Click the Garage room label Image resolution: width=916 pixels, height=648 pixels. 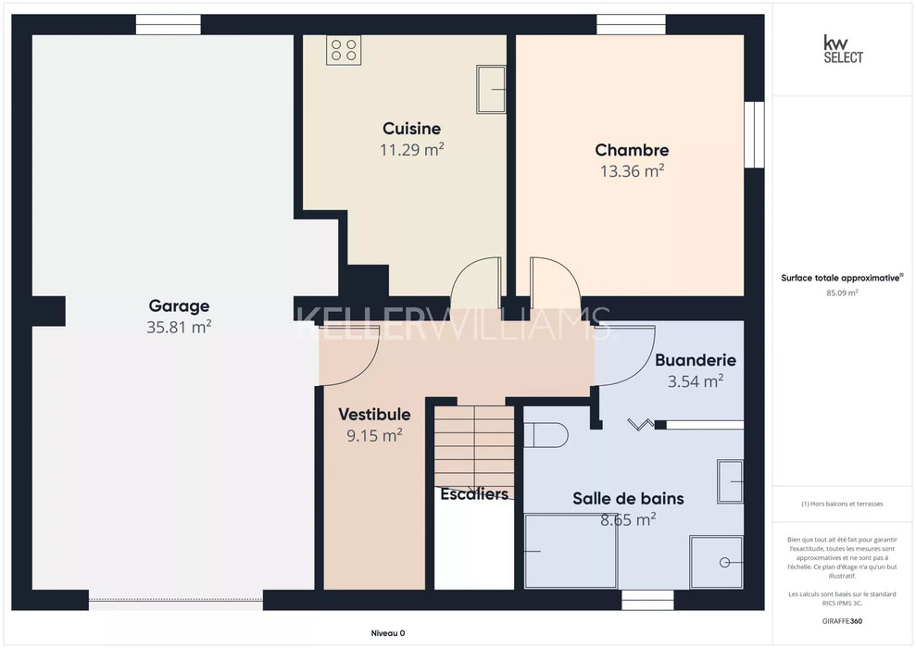pyautogui.click(x=179, y=305)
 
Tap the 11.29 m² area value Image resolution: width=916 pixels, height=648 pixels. pyautogui.click(x=412, y=149)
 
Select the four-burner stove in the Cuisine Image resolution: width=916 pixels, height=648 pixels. pyautogui.click(x=344, y=50)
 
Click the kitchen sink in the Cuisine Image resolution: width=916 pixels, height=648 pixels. pyautogui.click(x=491, y=89)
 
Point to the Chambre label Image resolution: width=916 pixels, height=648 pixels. pyautogui.click(x=632, y=150)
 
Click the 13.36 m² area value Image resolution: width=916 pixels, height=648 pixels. pyautogui.click(x=632, y=171)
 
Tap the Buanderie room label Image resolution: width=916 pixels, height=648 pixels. pyautogui.click(x=696, y=360)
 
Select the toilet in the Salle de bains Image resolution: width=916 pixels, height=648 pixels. pyautogui.click(x=546, y=435)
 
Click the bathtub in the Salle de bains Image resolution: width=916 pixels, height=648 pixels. pyautogui.click(x=571, y=551)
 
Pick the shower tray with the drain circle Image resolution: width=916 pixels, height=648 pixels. pyautogui.click(x=716, y=562)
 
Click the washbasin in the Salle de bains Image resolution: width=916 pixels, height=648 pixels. pyautogui.click(x=730, y=481)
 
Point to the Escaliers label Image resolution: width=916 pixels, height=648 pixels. pyautogui.click(x=474, y=494)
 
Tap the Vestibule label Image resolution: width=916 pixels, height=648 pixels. pyautogui.click(x=374, y=415)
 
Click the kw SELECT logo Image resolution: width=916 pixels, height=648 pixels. pyautogui.click(x=843, y=49)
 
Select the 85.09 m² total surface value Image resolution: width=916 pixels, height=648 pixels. pyautogui.click(x=842, y=293)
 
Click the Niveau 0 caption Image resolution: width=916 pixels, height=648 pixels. pyautogui.click(x=388, y=633)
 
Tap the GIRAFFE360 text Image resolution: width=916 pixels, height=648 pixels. pyautogui.click(x=842, y=621)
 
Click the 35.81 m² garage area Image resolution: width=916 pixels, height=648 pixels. pyautogui.click(x=179, y=327)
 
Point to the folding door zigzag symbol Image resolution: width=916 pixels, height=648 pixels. pyautogui.click(x=641, y=424)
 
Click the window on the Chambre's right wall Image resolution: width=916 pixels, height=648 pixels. pyautogui.click(x=754, y=135)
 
